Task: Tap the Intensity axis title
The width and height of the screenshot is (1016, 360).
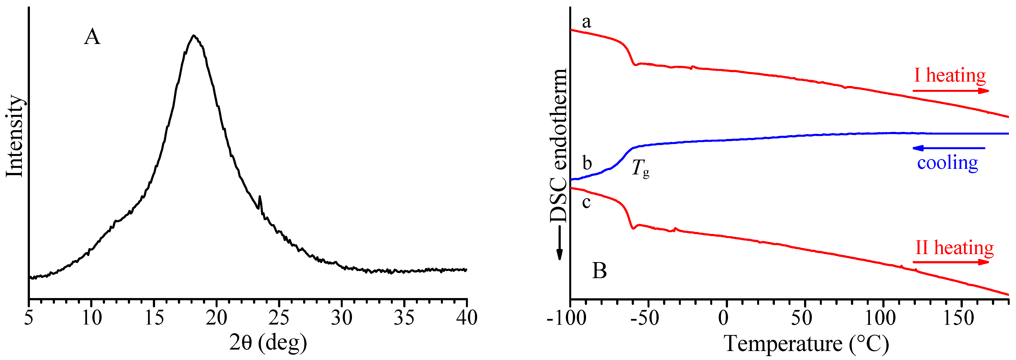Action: (15, 136)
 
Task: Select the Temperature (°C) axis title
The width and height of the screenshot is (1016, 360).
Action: (806, 343)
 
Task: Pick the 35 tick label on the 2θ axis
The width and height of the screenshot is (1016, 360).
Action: (404, 318)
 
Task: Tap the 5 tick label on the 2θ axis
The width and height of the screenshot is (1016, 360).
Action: (28, 318)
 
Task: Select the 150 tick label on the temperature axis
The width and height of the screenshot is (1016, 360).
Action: (958, 318)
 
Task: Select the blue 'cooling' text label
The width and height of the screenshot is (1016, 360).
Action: (947, 163)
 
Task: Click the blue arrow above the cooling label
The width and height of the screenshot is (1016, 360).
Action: (949, 148)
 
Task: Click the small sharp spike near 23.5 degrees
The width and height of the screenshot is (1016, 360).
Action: (260, 196)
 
